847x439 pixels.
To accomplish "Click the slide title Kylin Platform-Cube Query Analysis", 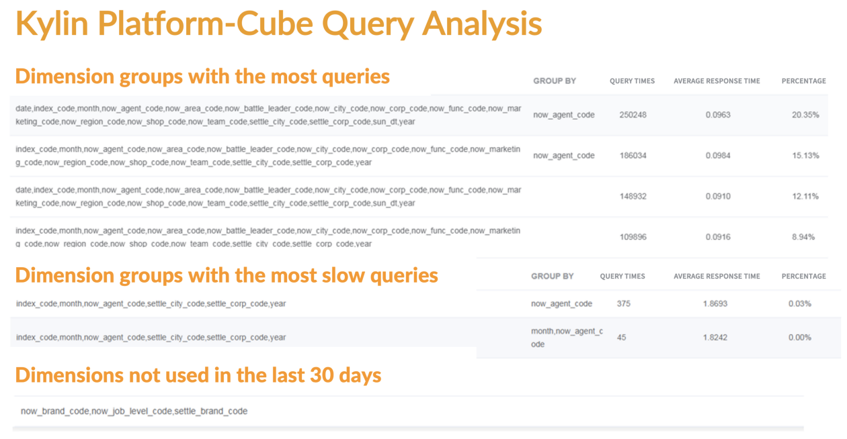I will (x=278, y=24).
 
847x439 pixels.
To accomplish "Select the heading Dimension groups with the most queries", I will (x=202, y=77).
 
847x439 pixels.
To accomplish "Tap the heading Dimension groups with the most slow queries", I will (x=227, y=275).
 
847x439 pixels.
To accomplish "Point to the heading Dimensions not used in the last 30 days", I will (x=198, y=375).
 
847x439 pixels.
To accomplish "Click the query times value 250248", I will (x=633, y=115).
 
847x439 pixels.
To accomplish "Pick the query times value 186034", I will (x=633, y=156).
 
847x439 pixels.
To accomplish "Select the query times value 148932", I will (x=633, y=197).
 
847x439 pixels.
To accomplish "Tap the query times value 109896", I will (x=633, y=237).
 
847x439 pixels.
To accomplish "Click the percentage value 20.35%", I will (x=805, y=115).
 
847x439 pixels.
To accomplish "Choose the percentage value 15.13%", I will (x=805, y=156).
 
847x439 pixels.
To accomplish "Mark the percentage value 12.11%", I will (x=805, y=197).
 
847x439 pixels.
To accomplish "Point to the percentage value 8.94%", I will (x=807, y=237).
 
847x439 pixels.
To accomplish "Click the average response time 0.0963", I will (x=718, y=115).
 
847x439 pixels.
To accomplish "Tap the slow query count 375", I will (x=624, y=303).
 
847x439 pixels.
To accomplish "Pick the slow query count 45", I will (x=621, y=338).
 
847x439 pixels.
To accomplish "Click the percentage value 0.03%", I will (x=800, y=303).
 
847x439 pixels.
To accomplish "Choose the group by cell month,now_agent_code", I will (x=567, y=338).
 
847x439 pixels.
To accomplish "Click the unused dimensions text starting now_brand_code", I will (x=134, y=411).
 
